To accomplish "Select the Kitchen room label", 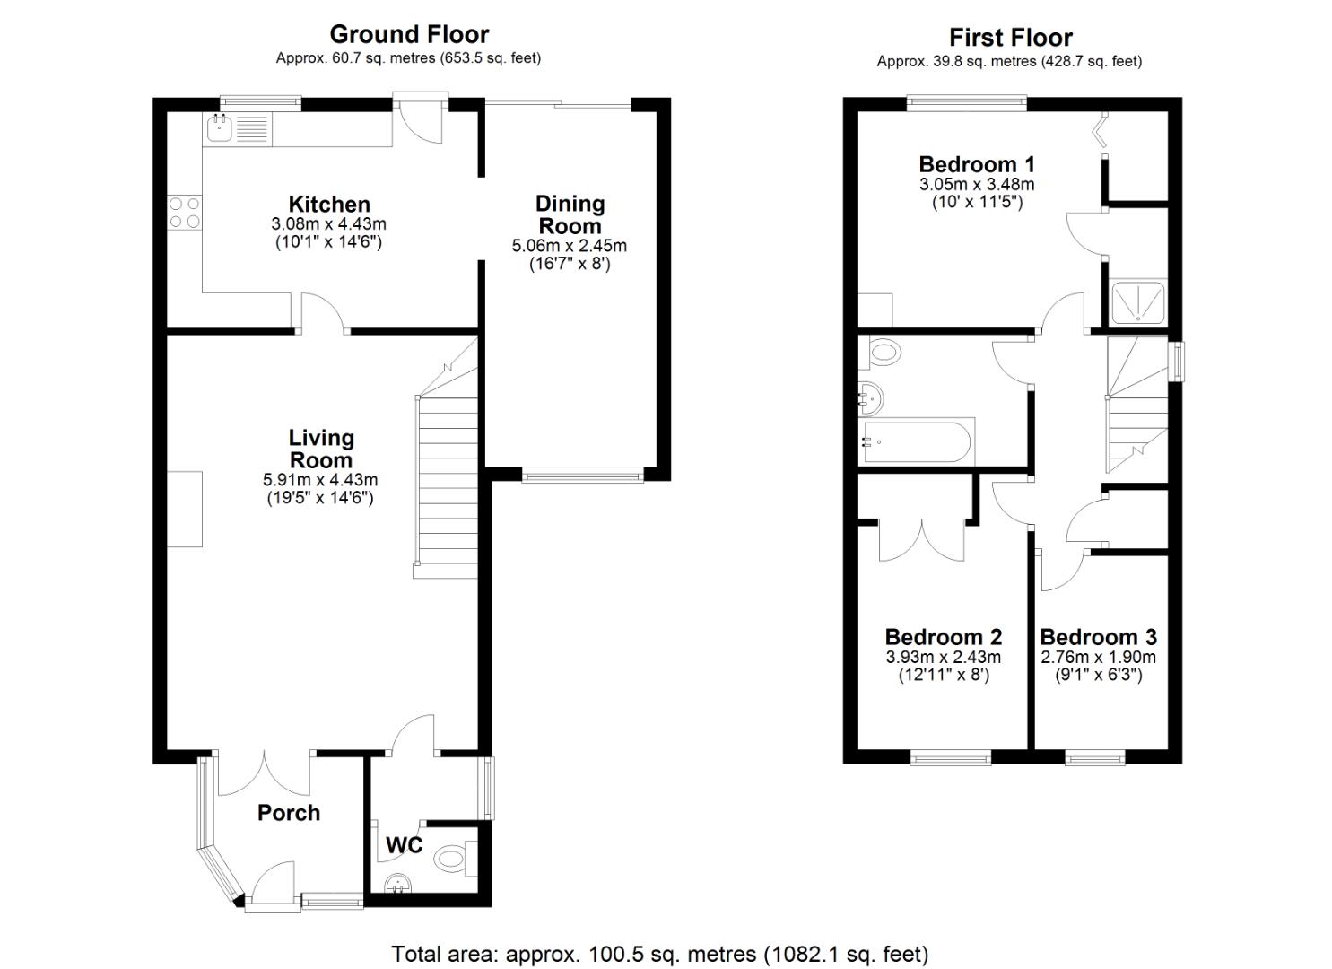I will [x=328, y=205].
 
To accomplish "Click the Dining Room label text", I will [x=570, y=215].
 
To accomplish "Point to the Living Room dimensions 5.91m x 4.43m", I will [x=320, y=480].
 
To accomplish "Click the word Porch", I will [x=288, y=813].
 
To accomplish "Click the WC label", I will [x=404, y=845].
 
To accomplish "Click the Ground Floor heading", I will [x=409, y=34].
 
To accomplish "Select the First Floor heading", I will [x=1010, y=38].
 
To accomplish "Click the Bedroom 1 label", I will [x=977, y=164].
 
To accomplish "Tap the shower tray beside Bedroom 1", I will [x=1137, y=302].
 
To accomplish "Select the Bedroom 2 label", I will [x=943, y=637].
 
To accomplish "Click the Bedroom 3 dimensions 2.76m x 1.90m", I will [x=1098, y=657].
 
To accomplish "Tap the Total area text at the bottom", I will [x=659, y=954].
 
